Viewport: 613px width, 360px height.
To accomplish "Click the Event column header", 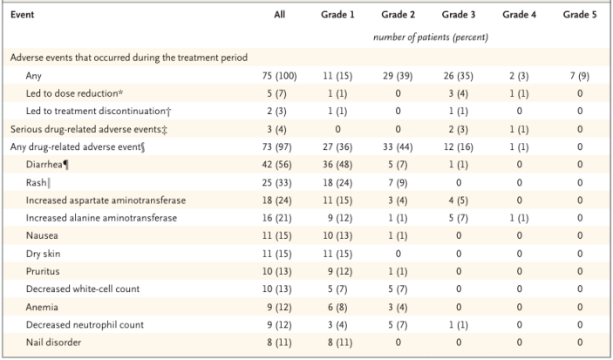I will coord(24,15).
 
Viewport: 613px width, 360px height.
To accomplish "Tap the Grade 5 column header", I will coord(580,15).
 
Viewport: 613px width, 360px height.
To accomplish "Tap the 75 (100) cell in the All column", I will coord(279,76).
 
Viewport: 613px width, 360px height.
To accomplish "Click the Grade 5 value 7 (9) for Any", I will coord(580,76).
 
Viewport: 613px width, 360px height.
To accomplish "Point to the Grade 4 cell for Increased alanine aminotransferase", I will coord(519,216).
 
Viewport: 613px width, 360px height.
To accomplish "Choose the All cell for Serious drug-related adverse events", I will coord(279,129).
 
